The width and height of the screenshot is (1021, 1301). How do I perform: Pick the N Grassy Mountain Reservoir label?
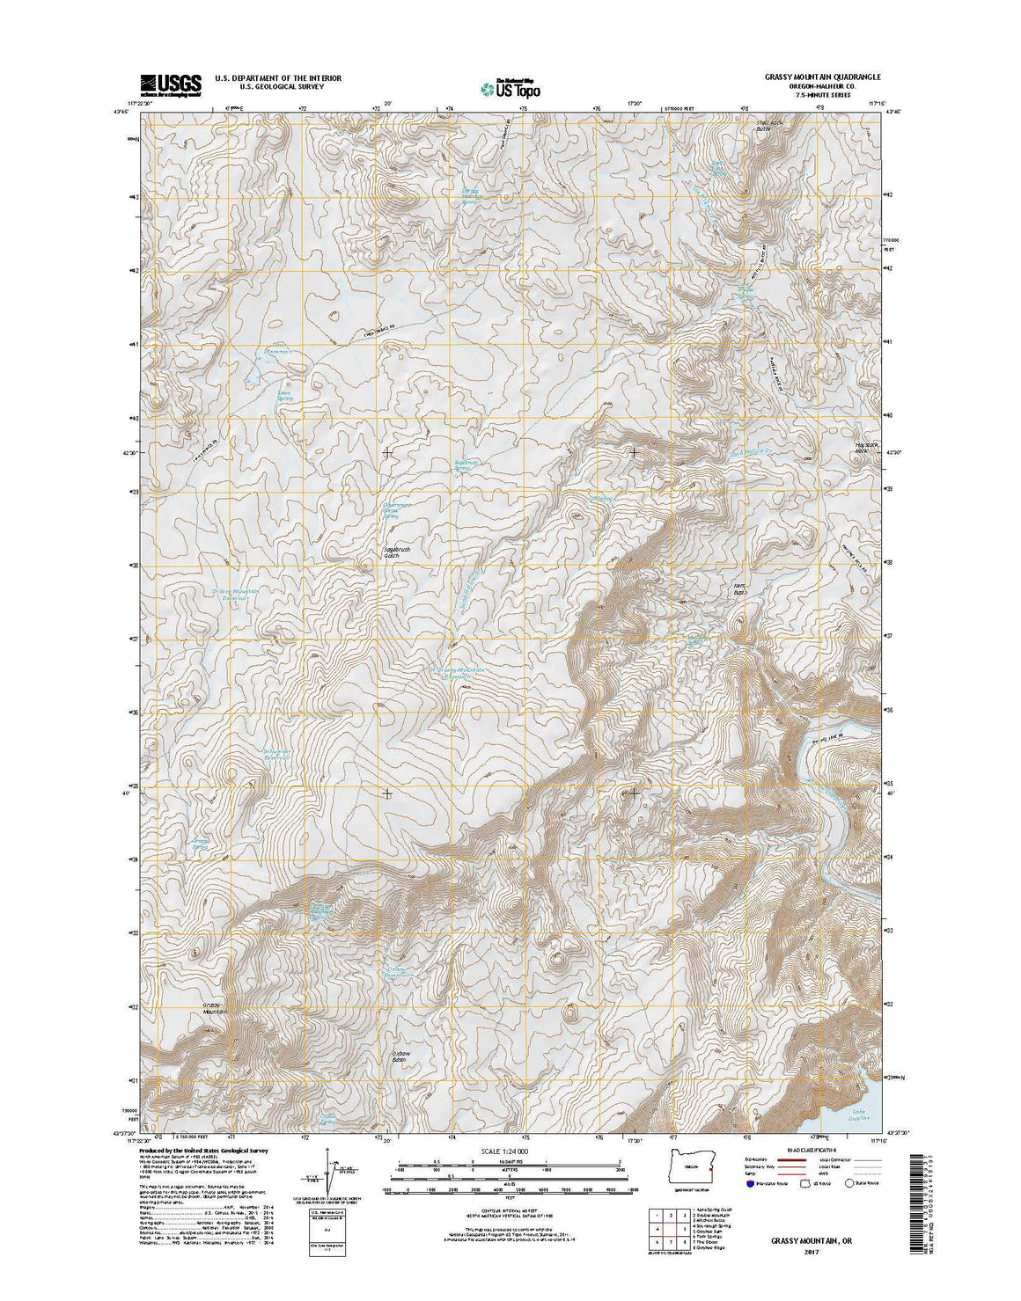click(459, 672)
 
